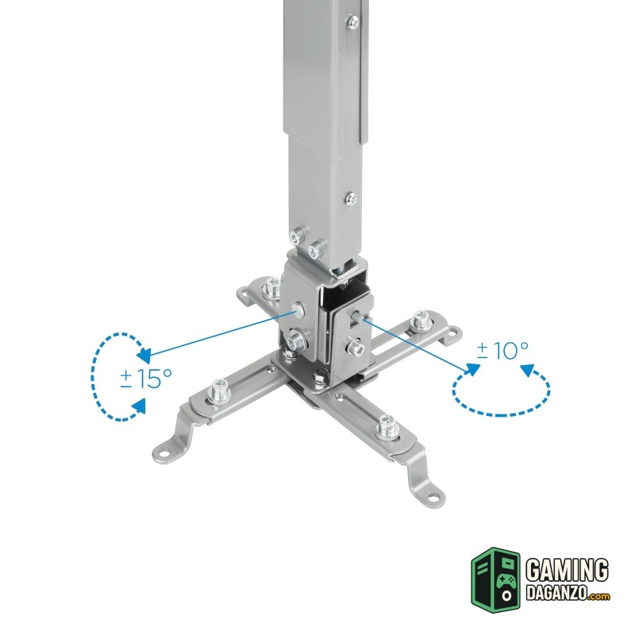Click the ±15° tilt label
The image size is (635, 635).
tap(146, 379)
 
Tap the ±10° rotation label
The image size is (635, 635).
tap(502, 350)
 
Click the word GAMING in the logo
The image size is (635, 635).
tap(567, 571)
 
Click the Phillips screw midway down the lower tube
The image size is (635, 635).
tap(352, 199)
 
